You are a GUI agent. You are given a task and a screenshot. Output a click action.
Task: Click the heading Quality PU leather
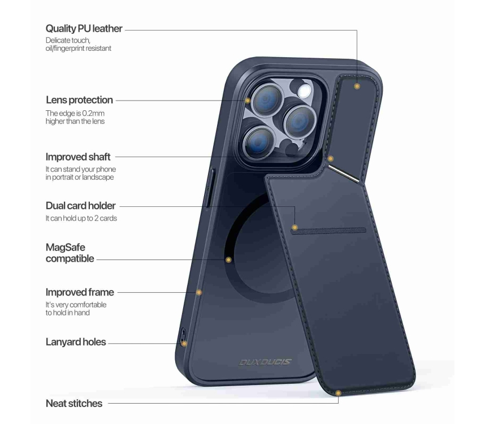84,28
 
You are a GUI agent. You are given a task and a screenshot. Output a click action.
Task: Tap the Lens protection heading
79,100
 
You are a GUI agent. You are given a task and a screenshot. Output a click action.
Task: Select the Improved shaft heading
78,157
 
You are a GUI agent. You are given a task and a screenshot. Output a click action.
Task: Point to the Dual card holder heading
80,206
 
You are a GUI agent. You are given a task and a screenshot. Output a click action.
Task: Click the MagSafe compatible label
70,253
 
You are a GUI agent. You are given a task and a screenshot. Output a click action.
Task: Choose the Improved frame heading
80,292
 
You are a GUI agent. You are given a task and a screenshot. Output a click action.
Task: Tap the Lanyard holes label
76,342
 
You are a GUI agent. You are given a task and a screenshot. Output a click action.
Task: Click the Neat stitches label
74,403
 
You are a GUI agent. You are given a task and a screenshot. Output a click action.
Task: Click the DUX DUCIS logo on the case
265,362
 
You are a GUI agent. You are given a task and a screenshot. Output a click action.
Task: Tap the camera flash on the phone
304,90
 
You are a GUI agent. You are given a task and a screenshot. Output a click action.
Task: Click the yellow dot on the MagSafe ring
228,260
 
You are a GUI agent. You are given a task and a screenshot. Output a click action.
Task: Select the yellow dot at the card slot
295,228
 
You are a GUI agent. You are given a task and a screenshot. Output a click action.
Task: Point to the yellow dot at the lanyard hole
184,344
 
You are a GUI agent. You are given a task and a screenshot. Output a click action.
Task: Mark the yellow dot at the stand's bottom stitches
338,393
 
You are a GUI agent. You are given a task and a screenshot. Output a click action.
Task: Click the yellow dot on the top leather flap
357,86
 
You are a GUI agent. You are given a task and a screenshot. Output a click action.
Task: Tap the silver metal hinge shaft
344,174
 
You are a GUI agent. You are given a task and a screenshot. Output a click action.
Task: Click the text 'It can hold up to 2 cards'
81,218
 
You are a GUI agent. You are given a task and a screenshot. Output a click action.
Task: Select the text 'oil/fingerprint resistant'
78,49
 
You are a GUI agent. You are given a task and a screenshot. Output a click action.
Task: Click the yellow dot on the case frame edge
199,292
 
